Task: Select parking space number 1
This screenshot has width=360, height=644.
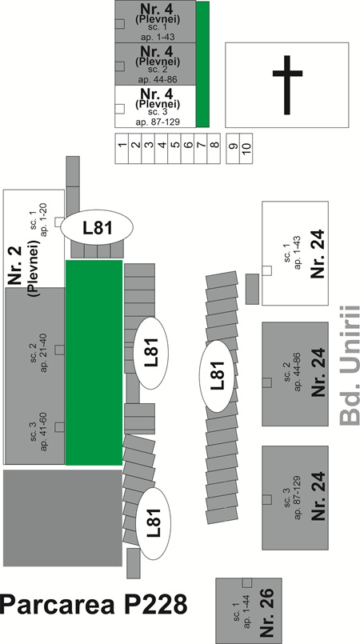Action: point(122,148)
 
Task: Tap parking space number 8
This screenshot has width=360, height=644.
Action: point(214,148)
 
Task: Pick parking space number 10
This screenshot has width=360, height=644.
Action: point(246,148)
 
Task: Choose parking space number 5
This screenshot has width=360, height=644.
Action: point(174,148)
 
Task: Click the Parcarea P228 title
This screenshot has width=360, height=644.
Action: point(94,605)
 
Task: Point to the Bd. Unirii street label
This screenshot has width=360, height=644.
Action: point(350,365)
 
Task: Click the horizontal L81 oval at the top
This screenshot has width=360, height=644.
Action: point(98,227)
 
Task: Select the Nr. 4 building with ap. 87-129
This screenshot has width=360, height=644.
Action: point(155,106)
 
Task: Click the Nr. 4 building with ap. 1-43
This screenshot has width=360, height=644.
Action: point(155,22)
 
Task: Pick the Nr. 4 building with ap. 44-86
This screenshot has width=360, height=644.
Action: point(155,64)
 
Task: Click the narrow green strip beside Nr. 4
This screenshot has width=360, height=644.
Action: point(202,64)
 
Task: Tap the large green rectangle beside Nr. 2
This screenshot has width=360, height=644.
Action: point(94,362)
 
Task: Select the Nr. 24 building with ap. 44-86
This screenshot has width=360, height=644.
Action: point(295,374)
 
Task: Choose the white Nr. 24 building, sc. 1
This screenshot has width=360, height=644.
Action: point(295,253)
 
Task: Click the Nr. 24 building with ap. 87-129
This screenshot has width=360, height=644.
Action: point(295,498)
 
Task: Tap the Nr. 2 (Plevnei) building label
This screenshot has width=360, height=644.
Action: point(23,268)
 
